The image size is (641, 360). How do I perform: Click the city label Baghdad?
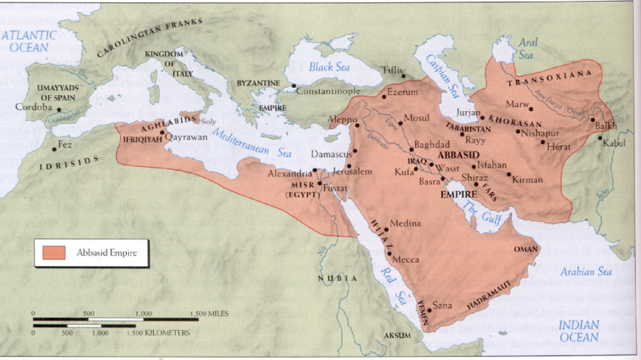tap(432, 144)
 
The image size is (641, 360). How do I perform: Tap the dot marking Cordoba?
tap(59, 109)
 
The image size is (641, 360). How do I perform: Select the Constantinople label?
tap(327, 90)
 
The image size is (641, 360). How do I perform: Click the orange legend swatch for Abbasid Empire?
tap(54, 252)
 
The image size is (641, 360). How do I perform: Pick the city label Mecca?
tap(406, 260)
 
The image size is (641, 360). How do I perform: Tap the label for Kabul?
tap(614, 143)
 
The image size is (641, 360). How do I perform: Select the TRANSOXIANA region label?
tap(547, 83)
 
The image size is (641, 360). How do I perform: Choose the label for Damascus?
tap(330, 153)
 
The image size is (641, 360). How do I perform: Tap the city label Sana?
tap(441, 306)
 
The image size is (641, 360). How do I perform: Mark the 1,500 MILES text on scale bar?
tap(209, 313)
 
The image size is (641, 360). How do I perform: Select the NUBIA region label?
tap(338, 279)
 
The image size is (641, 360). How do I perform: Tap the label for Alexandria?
tap(288, 173)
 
